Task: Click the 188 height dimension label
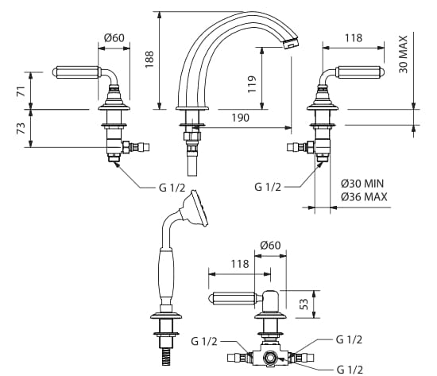tap(149, 59)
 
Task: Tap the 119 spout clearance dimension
tap(251, 84)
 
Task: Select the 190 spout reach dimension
tap(240, 118)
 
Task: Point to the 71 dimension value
tap(21, 91)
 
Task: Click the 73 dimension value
tap(21, 128)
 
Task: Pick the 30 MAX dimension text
tap(403, 54)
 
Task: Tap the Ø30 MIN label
tap(362, 184)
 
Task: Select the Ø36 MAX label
tap(364, 197)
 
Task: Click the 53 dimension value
tap(304, 304)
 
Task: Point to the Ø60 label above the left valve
tap(114, 37)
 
